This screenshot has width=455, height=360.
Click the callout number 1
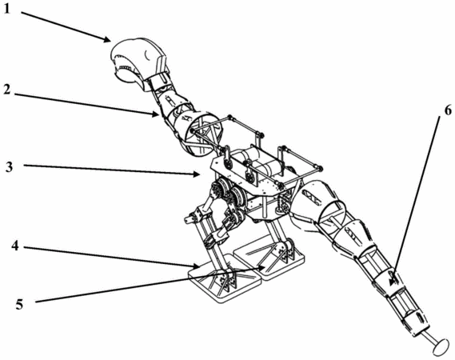tap(6, 9)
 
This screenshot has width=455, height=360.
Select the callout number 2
tap(8, 90)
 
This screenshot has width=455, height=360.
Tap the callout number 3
tap(9, 167)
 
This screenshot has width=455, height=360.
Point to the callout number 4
tap(15, 246)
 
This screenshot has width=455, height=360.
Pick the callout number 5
tap(19, 305)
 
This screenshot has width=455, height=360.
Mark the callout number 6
tap(448, 110)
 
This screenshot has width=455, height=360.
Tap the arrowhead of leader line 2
tap(156, 114)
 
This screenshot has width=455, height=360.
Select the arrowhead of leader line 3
tap(198, 174)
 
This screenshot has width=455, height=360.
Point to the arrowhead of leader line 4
tap(197, 266)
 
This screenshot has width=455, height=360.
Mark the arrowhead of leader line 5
tap(261, 268)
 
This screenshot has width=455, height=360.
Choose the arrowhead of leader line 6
tap(393, 282)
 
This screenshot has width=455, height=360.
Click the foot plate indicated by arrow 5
tap(269, 255)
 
